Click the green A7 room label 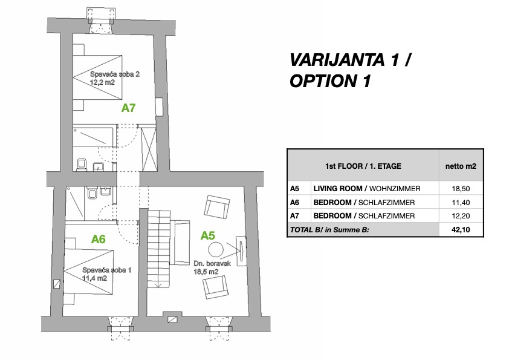point(128,108)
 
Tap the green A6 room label point(98,239)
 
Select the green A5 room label point(208,235)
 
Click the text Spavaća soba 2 point(115,74)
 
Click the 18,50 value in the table point(461,189)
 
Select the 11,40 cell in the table point(461,203)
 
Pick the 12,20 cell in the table point(461,216)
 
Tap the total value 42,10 point(461,230)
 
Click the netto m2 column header point(461,166)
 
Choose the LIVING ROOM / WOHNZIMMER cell point(367,188)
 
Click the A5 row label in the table point(294,188)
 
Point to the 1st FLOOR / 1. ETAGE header point(363,166)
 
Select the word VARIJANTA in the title point(337,60)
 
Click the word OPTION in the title point(322,81)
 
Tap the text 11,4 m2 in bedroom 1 point(95,278)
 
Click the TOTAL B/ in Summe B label point(329,230)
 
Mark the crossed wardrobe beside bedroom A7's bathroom point(149,149)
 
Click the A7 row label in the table point(294,216)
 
